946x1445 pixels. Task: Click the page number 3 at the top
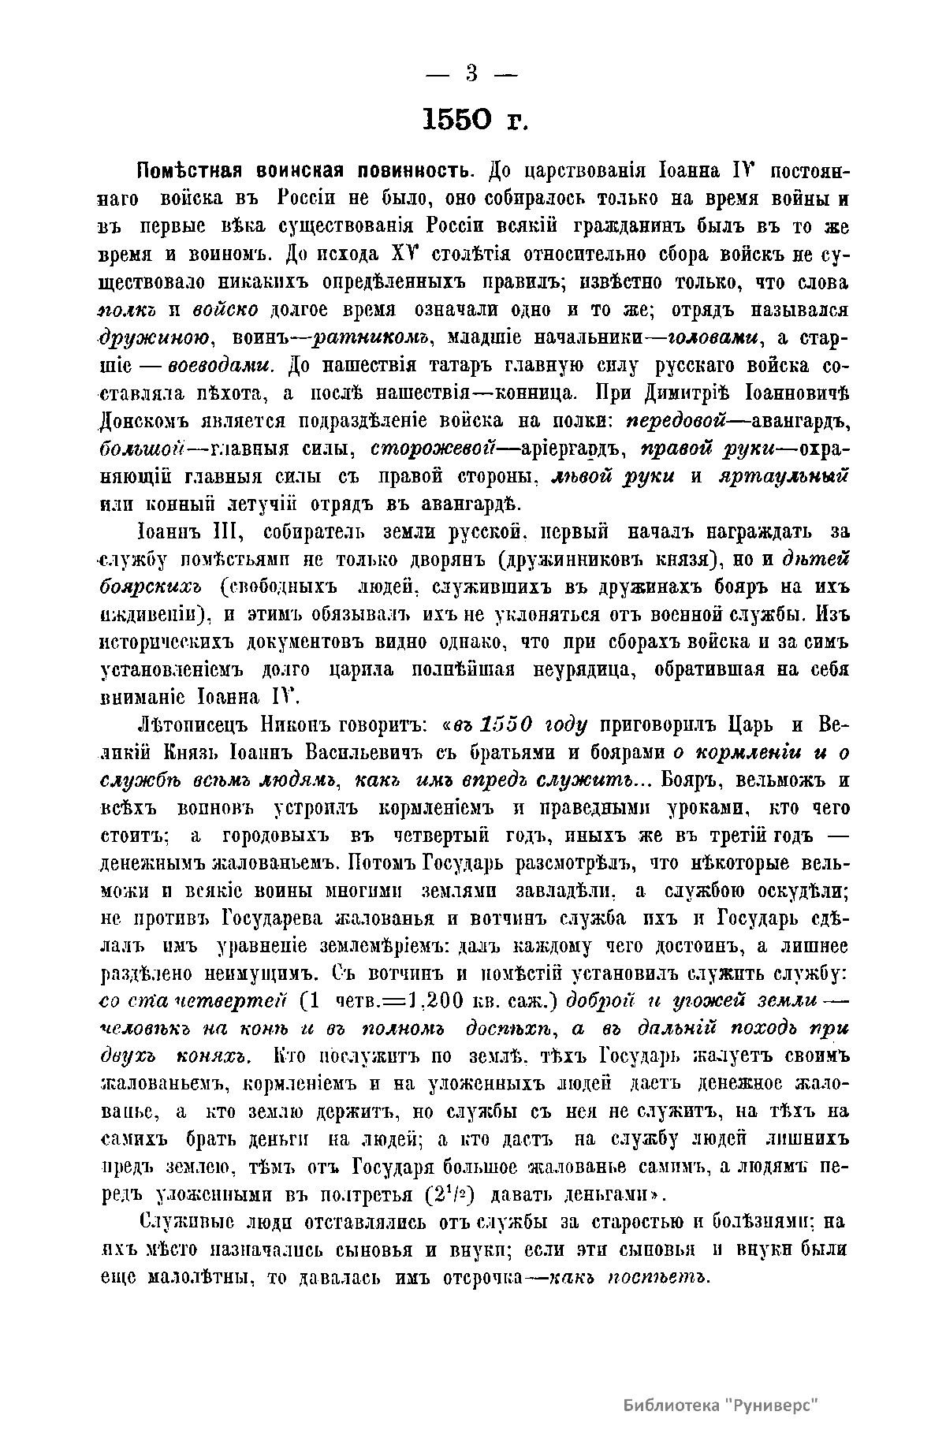(471, 74)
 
